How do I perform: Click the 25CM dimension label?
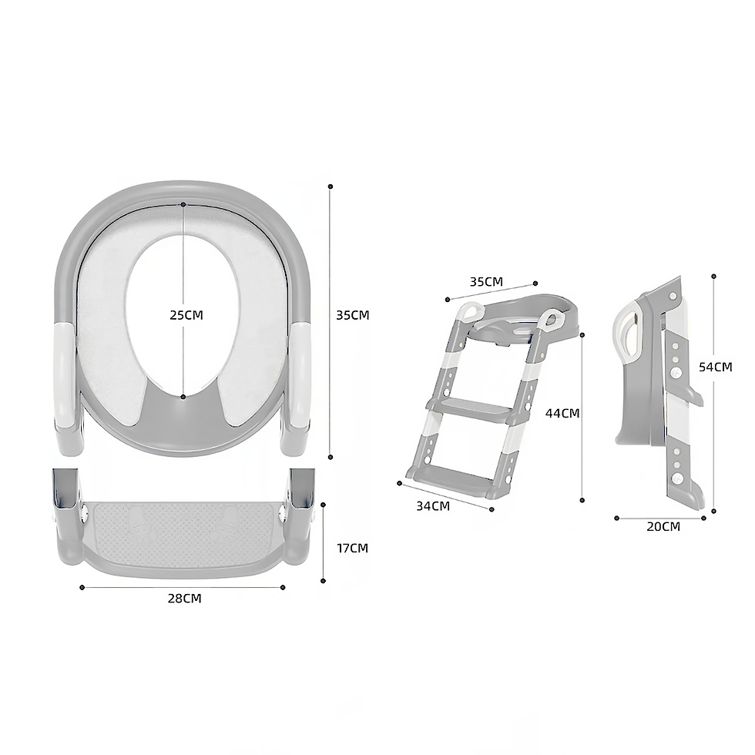[186, 315]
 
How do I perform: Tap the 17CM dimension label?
[353, 548]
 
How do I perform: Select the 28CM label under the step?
[184, 599]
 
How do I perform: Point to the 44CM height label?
[562, 413]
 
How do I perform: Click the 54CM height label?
[716, 367]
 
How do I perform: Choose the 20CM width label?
[663, 527]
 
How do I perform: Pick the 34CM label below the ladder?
[433, 506]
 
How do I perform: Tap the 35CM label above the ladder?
[486, 282]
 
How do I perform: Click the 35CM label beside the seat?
[353, 315]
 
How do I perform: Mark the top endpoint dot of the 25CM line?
[183, 205]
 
